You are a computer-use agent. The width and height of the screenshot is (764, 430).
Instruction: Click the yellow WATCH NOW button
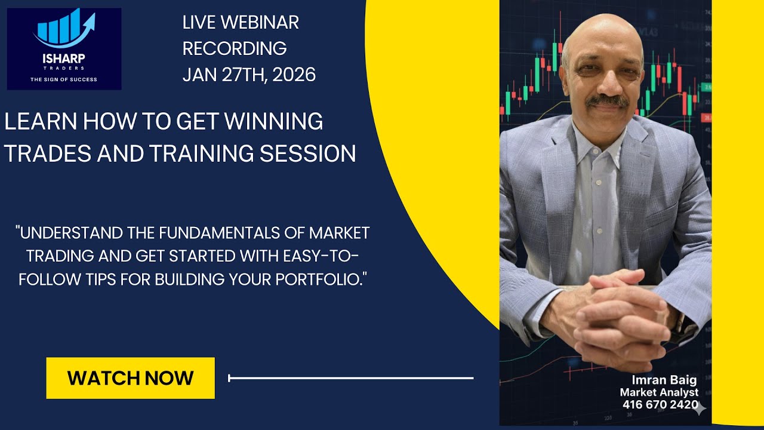[x=130, y=378]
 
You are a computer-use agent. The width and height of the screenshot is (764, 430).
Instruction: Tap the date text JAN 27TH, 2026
[x=249, y=75]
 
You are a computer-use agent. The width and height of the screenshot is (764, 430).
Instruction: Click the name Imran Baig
[x=664, y=380]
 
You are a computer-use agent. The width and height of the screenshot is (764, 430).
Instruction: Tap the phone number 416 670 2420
[x=660, y=404]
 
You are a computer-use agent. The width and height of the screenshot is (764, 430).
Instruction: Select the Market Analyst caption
[x=659, y=392]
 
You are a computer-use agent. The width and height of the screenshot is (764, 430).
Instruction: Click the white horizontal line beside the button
[x=351, y=378]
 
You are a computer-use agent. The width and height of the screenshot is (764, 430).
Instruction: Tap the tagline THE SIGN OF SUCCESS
[x=64, y=79]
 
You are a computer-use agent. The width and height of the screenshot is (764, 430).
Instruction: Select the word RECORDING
[x=235, y=48]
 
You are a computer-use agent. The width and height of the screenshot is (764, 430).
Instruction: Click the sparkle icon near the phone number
[x=701, y=408]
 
